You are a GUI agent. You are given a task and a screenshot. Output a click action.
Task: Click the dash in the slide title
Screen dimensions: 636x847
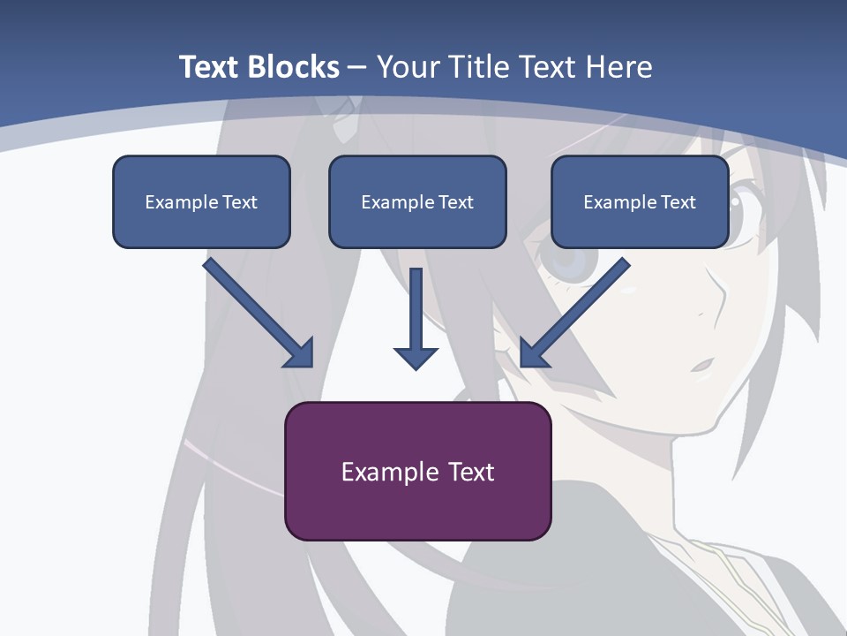click(x=357, y=68)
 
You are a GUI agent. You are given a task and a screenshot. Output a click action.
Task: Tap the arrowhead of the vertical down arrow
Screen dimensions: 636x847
click(x=416, y=357)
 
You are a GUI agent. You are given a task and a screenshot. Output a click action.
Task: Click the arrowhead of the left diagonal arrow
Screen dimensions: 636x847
click(x=300, y=353)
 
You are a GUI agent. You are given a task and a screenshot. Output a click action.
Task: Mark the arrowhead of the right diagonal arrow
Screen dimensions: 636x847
click(x=533, y=353)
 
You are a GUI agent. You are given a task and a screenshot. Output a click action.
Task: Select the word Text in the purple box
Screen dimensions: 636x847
click(x=471, y=472)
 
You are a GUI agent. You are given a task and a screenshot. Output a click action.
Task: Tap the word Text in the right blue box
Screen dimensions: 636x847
click(x=678, y=202)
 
